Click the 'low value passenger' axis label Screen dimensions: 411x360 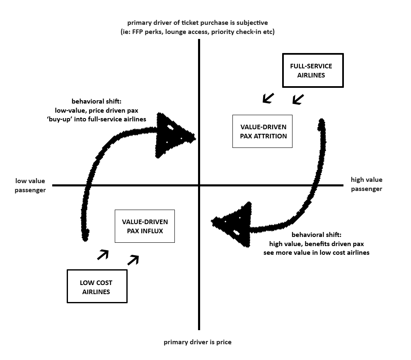tap(30, 185)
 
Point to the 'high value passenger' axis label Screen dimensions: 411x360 tap(366, 184)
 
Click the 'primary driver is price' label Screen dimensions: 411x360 tap(197, 342)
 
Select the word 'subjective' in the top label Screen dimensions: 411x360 tap(252, 23)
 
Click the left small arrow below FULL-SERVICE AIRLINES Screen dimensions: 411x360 tap(268, 98)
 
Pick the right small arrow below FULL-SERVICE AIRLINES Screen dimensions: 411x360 tap(298, 99)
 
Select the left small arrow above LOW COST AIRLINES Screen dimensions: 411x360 tap(103, 255)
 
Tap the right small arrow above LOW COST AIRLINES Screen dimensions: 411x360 tap(133, 260)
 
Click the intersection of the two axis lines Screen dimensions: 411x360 tap(199, 185)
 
